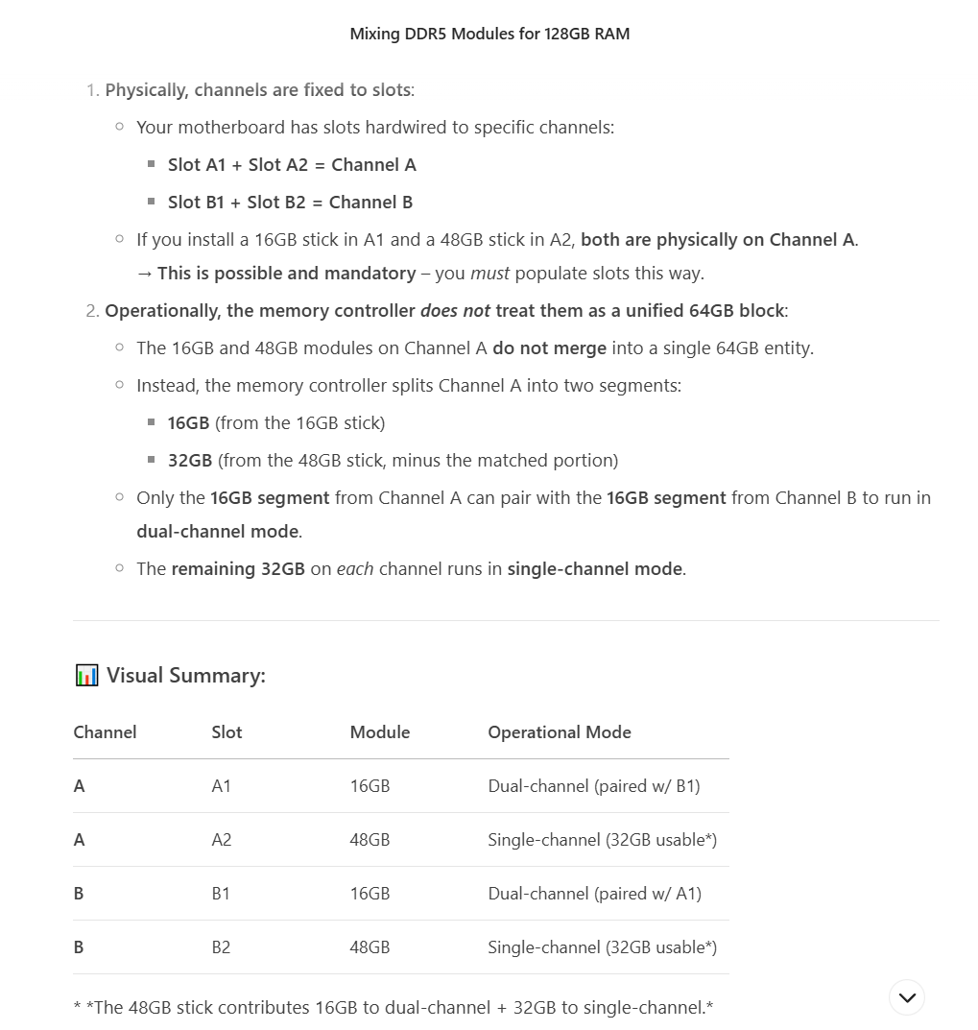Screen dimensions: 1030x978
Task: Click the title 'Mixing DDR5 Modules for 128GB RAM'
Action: point(489,34)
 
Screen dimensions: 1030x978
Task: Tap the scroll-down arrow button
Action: point(907,997)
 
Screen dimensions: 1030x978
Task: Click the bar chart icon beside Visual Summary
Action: point(86,676)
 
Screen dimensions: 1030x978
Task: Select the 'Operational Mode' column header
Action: point(559,732)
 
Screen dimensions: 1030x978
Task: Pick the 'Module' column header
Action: point(379,732)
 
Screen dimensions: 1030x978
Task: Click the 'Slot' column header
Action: point(227,732)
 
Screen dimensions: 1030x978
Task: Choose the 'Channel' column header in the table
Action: point(105,732)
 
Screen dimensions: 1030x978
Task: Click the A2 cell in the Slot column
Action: point(222,840)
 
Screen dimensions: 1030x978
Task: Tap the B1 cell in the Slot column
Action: point(221,894)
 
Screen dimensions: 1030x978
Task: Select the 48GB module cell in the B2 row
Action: point(370,947)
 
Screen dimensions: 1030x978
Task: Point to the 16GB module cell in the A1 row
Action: point(370,786)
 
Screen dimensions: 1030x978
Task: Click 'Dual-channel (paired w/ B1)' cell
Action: point(593,786)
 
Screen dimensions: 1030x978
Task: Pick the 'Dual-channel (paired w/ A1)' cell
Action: point(594,894)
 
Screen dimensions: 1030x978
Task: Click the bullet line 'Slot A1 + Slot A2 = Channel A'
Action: point(292,165)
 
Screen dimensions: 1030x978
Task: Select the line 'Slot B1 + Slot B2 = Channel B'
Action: point(290,203)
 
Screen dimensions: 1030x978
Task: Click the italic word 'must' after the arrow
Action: point(489,274)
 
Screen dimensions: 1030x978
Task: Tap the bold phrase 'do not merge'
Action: point(549,348)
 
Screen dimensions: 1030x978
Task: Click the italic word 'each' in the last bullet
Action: point(354,569)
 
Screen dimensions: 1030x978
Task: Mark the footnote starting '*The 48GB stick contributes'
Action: point(394,1008)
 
